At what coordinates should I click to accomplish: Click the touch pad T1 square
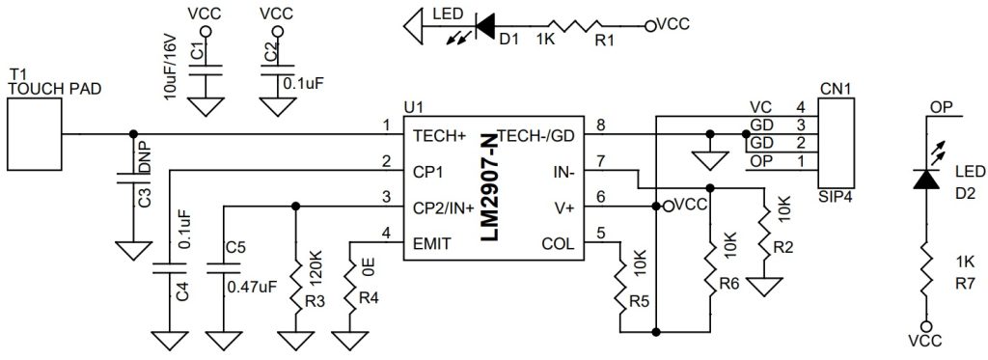pos(34,133)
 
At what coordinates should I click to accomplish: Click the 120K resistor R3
pos(294,280)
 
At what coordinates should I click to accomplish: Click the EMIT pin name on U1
pos(431,244)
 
